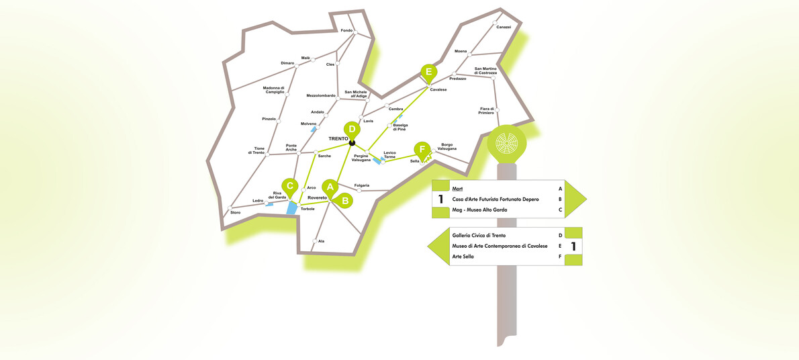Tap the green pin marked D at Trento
(351, 130)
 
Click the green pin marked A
(330, 187)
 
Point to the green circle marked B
(344, 199)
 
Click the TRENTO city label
(338, 139)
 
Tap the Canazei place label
(504, 27)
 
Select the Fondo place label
(346, 30)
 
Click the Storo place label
(235, 212)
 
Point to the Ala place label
(321, 240)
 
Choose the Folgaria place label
(362, 185)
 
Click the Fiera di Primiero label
(486, 110)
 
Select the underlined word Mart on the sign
(458, 189)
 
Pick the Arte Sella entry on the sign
(463, 256)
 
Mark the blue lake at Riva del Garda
(292, 208)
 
